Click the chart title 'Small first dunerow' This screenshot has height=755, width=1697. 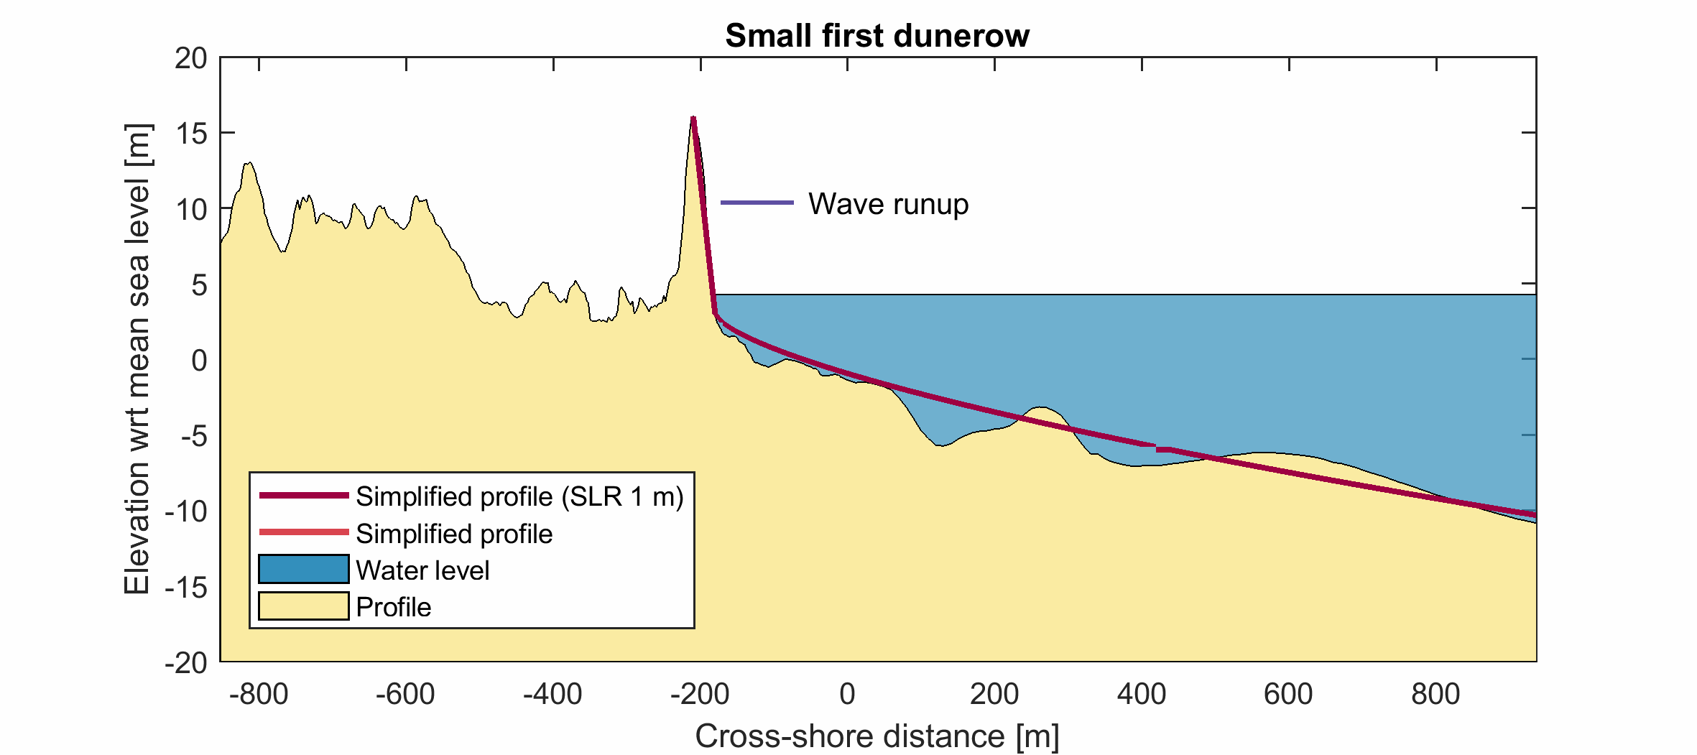877,36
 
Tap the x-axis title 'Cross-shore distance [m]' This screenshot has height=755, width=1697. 877,736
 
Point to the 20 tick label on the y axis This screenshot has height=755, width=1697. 190,59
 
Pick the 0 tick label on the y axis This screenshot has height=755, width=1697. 199,360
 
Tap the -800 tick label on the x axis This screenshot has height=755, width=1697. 259,695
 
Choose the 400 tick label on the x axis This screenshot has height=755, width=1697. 1142,695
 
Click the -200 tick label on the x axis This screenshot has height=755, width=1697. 700,695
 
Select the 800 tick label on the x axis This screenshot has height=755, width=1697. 1435,695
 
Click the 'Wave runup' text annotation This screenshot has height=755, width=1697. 888,204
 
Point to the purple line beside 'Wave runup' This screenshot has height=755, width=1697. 757,203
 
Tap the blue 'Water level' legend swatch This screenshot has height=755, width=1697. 303,569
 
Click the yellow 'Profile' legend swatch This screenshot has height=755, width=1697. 303,606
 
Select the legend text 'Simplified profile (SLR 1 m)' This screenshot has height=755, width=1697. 519,496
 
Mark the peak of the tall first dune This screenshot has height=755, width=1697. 693,118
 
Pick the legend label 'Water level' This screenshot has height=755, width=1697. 422,570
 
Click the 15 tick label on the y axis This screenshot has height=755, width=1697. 190,134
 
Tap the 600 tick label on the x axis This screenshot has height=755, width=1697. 1288,695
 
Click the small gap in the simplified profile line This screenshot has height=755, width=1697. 1155,448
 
